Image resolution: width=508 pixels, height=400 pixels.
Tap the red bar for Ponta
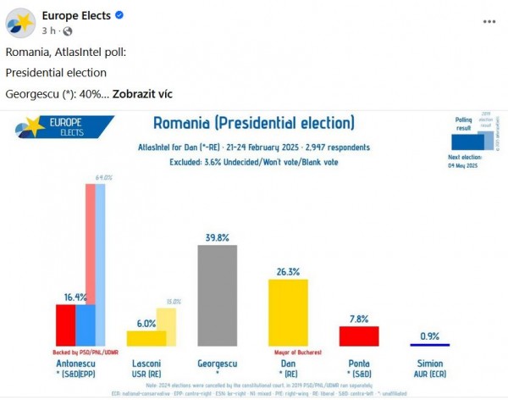click(358, 336)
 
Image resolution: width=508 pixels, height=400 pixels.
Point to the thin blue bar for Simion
click(429, 344)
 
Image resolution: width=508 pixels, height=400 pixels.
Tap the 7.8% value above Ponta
click(359, 319)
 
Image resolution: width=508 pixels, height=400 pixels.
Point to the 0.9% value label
click(430, 336)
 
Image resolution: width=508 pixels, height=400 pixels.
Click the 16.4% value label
click(75, 297)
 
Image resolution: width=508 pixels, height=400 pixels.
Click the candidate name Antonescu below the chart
click(75, 363)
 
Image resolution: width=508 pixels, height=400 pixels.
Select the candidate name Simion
click(430, 363)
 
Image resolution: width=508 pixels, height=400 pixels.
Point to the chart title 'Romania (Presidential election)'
click(253, 122)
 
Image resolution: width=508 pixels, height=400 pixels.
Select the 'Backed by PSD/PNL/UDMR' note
click(82, 351)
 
